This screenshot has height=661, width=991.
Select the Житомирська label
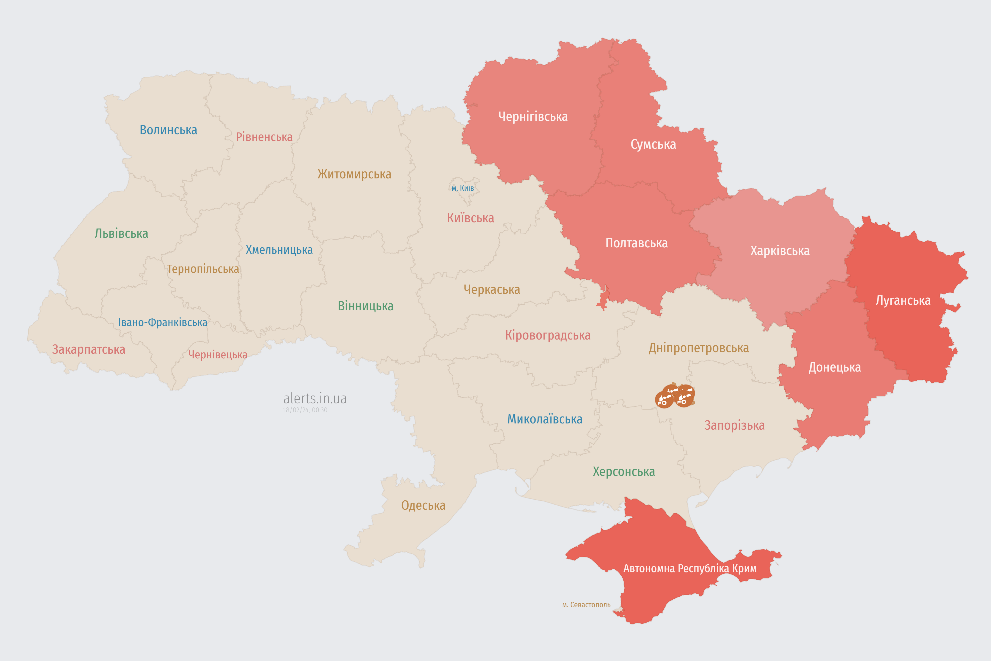pyautogui.click(x=354, y=174)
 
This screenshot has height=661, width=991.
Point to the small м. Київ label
pyautogui.click(x=463, y=188)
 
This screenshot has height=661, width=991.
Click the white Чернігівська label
pyautogui.click(x=533, y=116)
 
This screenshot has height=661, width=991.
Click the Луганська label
pyautogui.click(x=903, y=301)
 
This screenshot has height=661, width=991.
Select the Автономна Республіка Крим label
pyautogui.click(x=690, y=569)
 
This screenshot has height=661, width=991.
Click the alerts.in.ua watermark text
pyautogui.click(x=315, y=398)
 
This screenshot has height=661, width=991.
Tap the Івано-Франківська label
pyautogui.click(x=163, y=322)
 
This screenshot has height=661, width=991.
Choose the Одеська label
pyautogui.click(x=423, y=506)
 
